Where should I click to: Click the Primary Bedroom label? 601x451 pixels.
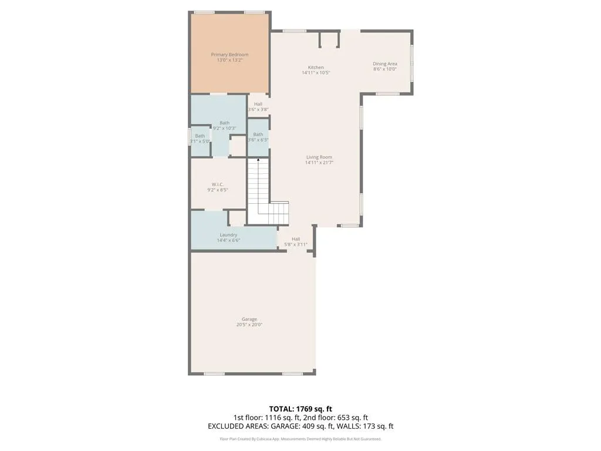pos(229,55)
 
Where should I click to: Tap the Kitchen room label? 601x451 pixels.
pos(316,68)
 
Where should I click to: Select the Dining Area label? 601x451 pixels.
pos(385,63)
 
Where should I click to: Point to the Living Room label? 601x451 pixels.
pos(319,157)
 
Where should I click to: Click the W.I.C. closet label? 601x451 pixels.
pos(218,184)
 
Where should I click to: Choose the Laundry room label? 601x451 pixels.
pos(228,235)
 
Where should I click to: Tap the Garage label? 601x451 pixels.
pos(249,319)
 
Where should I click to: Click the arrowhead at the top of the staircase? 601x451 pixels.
pos(258,159)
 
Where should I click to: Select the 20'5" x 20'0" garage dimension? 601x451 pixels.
pos(249,325)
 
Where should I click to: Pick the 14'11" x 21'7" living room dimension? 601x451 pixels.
pos(319,163)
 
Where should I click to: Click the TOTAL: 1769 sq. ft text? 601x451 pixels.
pos(300,409)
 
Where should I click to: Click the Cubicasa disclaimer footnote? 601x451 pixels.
pos(300,439)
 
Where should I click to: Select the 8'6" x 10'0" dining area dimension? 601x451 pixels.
pos(385,69)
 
